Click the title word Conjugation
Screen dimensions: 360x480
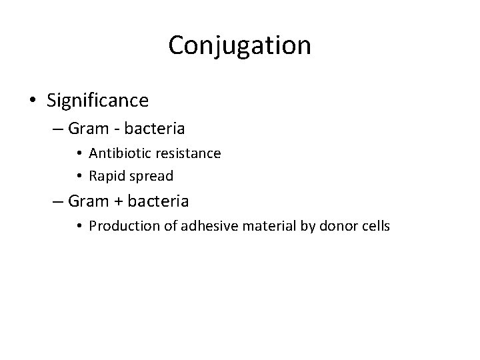(239, 45)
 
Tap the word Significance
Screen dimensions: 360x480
(98, 101)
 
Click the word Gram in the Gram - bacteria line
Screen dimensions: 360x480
(101, 127)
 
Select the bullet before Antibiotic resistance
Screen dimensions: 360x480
(79, 153)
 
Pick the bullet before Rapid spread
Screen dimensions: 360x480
(79, 177)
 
